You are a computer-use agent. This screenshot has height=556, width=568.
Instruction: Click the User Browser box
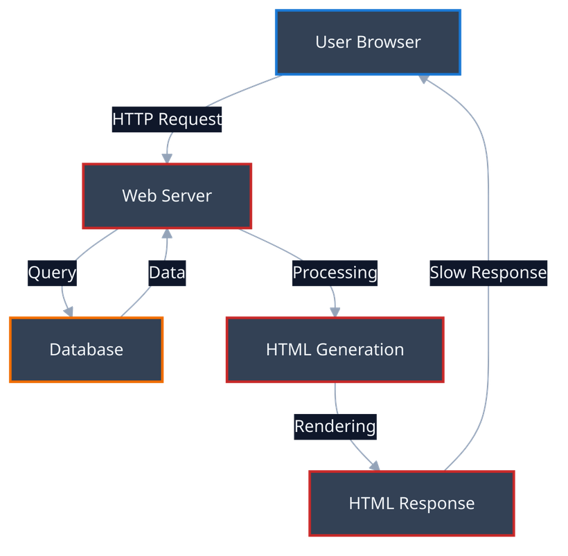click(x=368, y=42)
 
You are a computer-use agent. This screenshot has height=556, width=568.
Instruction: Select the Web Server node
click(x=167, y=196)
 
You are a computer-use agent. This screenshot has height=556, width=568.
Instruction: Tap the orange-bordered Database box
click(x=87, y=350)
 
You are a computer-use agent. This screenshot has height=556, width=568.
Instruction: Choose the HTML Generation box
click(x=335, y=350)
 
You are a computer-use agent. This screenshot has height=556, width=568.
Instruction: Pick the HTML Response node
click(x=411, y=503)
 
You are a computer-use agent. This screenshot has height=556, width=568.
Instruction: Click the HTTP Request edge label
click(x=167, y=119)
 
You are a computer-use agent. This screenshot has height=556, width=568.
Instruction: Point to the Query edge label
click(x=52, y=273)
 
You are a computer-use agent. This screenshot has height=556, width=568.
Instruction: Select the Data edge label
click(x=167, y=273)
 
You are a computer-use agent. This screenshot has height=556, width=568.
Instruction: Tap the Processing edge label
click(x=335, y=273)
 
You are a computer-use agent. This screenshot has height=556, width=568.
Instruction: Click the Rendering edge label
click(x=335, y=426)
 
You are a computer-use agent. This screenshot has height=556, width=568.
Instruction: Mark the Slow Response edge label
click(x=488, y=273)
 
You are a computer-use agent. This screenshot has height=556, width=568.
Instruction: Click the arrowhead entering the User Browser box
click(x=424, y=80)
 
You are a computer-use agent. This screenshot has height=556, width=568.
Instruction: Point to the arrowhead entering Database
click(x=69, y=311)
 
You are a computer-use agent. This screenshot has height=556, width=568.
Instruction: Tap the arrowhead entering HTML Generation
click(x=335, y=311)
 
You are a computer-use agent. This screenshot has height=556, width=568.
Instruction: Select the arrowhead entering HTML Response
click(x=375, y=465)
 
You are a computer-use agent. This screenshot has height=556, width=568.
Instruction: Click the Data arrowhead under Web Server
click(x=167, y=235)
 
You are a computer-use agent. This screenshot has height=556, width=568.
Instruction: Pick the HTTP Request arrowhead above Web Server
click(x=167, y=156)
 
